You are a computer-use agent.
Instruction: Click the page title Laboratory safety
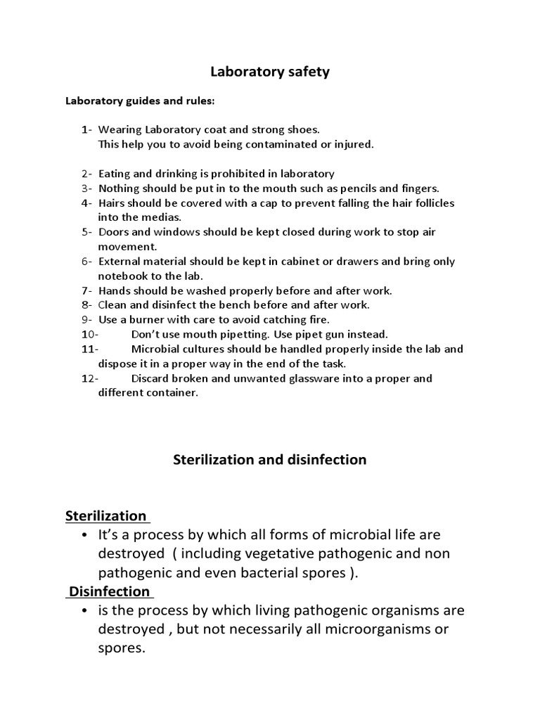tap(271, 72)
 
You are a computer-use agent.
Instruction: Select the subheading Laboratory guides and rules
tap(141, 101)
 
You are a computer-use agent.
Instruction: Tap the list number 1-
tap(86, 129)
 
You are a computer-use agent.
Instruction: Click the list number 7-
tap(86, 290)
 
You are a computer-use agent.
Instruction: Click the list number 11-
tap(90, 349)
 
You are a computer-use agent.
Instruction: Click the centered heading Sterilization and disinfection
tap(270, 460)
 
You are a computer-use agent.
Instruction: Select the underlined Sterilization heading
tap(106, 516)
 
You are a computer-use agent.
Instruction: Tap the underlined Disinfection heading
tap(109, 591)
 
